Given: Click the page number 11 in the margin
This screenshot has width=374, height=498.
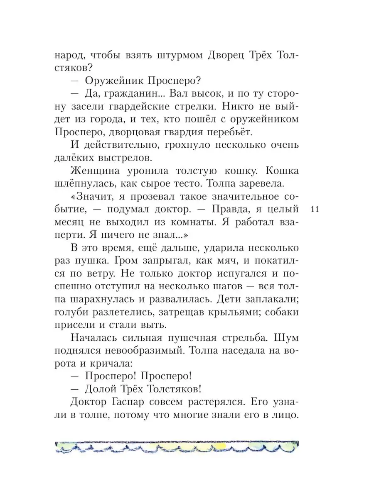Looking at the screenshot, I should (x=315, y=210).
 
